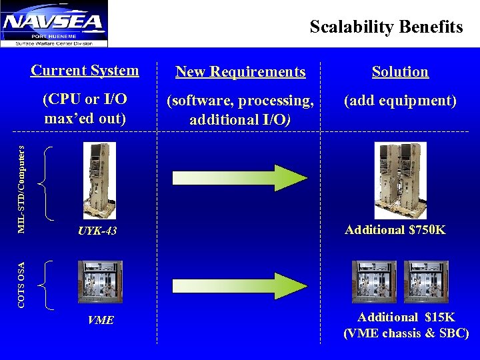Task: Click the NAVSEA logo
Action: tap(55, 24)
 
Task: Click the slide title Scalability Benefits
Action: tap(386, 27)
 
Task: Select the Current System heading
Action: tap(85, 70)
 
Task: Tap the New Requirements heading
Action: tap(240, 72)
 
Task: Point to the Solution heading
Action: tap(400, 72)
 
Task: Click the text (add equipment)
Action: tap(400, 101)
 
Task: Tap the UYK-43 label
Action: tap(97, 231)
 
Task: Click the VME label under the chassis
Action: tap(101, 321)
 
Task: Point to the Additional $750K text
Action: tap(395, 231)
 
